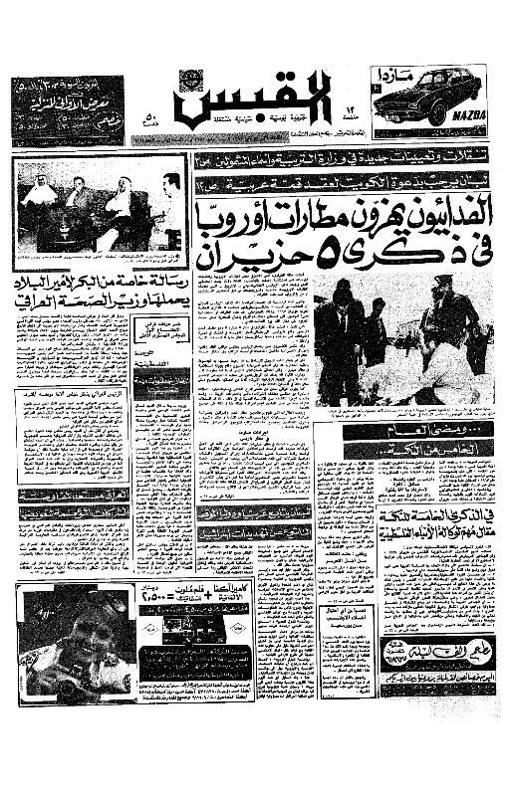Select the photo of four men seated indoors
pos(102,207)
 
